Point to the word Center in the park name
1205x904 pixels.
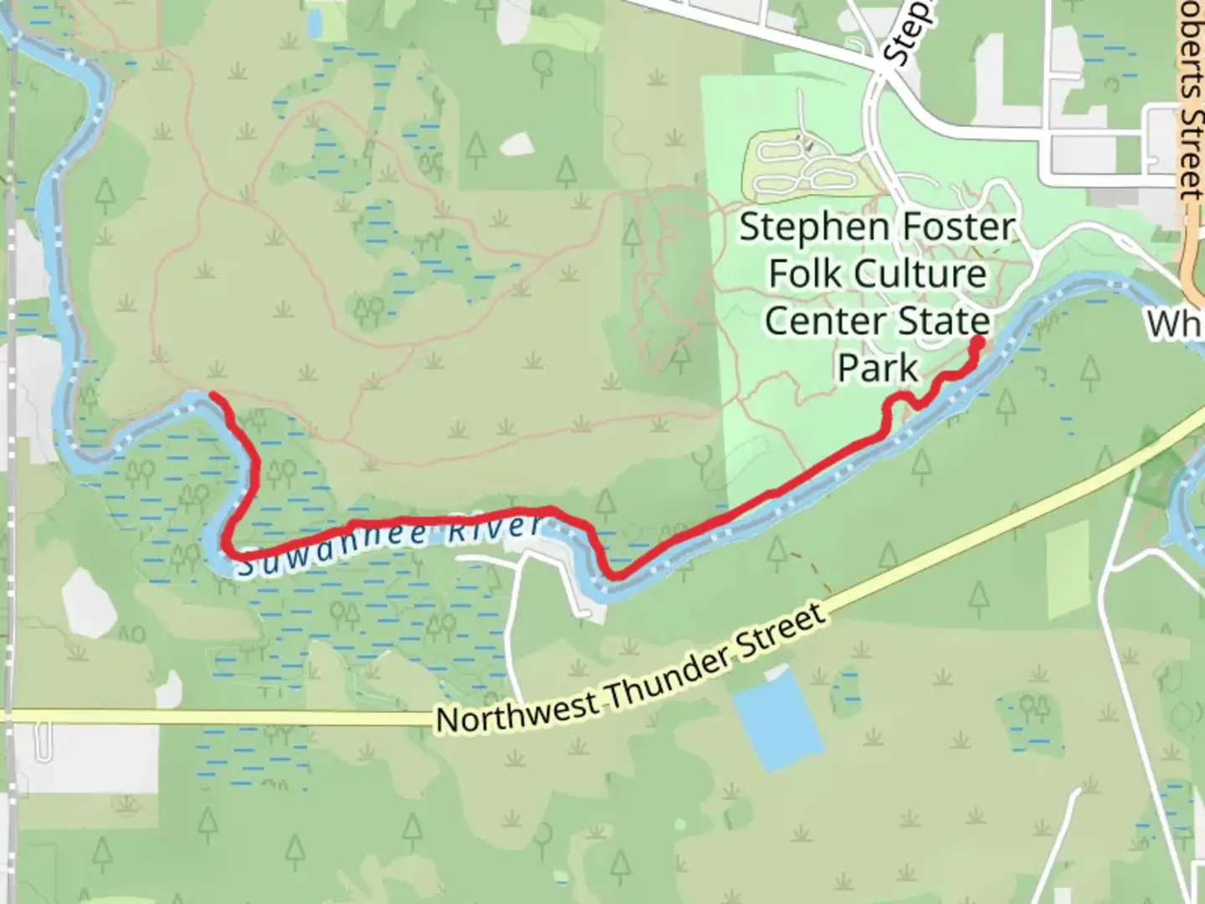pyautogui.click(x=814, y=321)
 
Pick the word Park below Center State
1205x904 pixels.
pyautogui.click(x=878, y=367)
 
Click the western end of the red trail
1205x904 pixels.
pyautogui.click(x=214, y=395)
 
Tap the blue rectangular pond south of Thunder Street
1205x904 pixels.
pyautogui.click(x=776, y=720)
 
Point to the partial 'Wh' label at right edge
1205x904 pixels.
pyautogui.click(x=1176, y=323)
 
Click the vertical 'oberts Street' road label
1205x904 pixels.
pyautogui.click(x=1191, y=100)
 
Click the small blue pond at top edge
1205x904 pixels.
pyautogui.click(x=314, y=23)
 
